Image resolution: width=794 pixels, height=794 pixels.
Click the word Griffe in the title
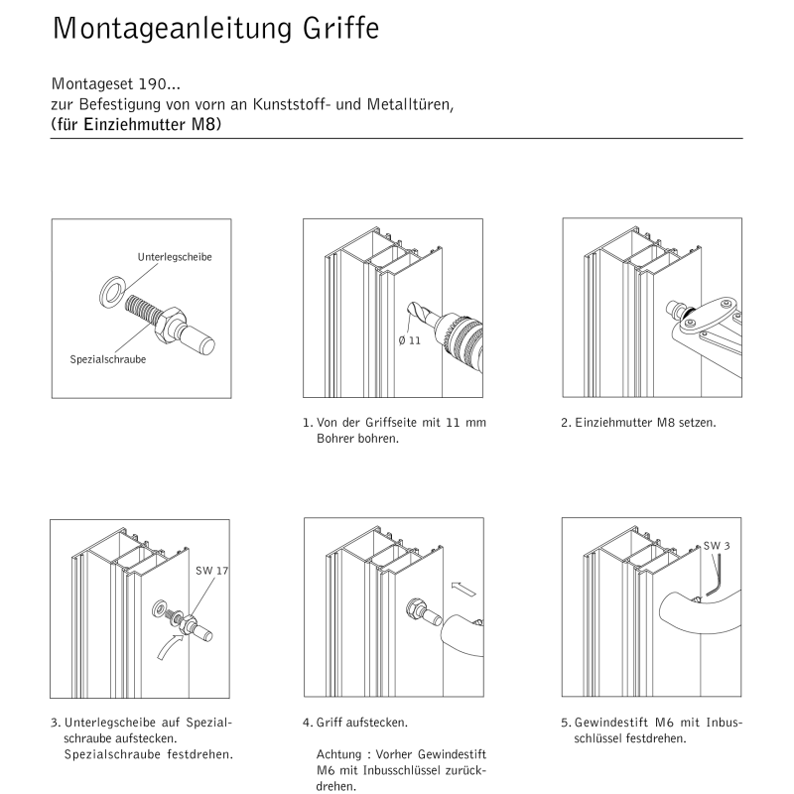pos(340,29)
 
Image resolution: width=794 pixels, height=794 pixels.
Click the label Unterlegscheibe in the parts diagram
pos(175,257)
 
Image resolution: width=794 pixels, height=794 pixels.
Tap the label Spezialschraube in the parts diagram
pos(108,359)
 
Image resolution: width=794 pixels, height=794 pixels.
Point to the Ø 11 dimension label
pos(411,340)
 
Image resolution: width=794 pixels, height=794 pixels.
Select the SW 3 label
pos(718,546)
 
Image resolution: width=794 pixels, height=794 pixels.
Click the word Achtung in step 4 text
pos(335,753)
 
